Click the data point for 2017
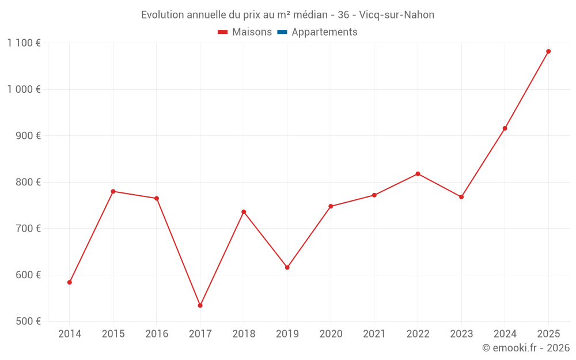point(200,305)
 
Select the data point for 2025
point(548,51)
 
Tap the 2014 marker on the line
point(70,282)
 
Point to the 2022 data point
point(418,174)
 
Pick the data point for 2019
point(287,267)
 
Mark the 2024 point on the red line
point(505,128)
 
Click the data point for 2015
point(113,191)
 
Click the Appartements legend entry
point(324,32)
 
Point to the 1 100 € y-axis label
point(24,43)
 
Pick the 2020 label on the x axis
point(331,334)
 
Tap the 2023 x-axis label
point(461,334)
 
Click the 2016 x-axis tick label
point(157,334)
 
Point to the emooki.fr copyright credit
point(525,348)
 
